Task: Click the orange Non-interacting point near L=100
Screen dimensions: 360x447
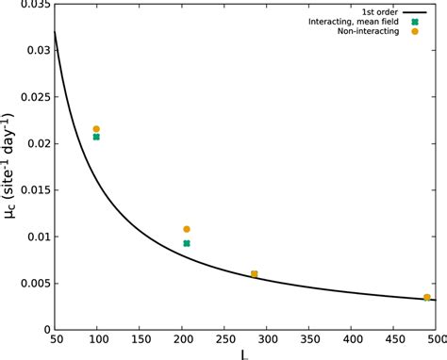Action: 96,129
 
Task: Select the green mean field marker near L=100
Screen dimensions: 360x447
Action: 96,138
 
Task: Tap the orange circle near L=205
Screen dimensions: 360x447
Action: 187,229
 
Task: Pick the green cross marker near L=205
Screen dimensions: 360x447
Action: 187,243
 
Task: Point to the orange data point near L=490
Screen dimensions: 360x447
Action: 427,298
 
